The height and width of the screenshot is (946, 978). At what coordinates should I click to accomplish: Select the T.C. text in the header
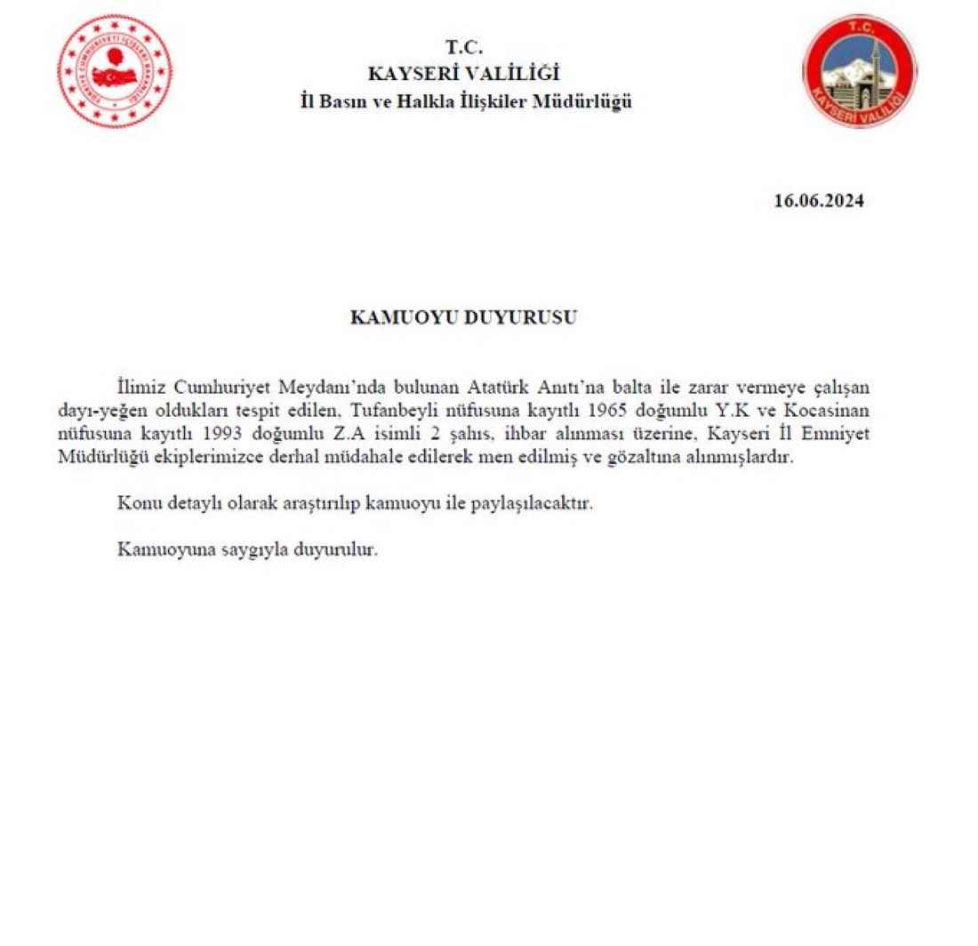point(464,49)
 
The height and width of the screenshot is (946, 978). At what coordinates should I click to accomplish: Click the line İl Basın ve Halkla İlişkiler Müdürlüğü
point(465,101)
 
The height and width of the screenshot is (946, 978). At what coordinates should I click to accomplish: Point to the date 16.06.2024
point(819,201)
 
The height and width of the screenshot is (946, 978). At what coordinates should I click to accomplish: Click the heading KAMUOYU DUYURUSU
point(463,317)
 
